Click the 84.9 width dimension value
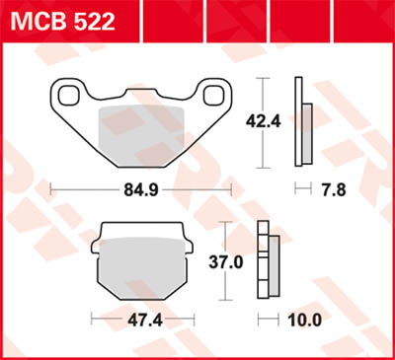click(x=139, y=187)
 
